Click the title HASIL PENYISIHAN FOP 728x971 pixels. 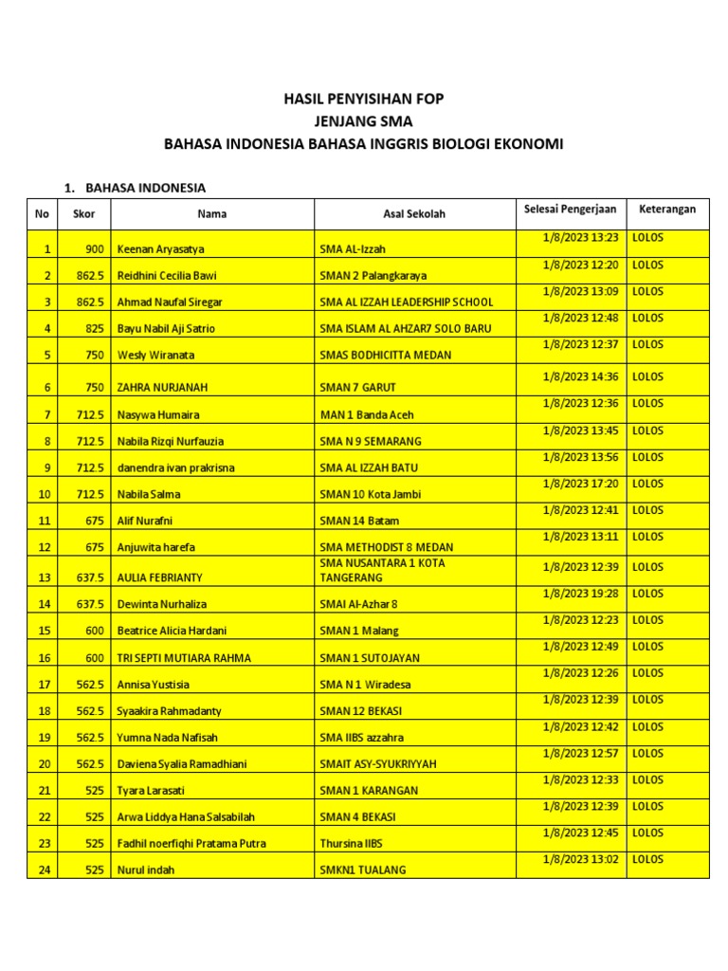[365, 99]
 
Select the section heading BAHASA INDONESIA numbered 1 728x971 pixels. [145, 188]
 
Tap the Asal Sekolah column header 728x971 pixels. [413, 214]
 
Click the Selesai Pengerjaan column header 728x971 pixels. [570, 209]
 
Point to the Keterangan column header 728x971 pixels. [666, 209]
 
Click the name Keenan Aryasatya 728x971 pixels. [160, 249]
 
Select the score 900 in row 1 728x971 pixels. [94, 249]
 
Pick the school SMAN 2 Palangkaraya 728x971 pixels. [373, 276]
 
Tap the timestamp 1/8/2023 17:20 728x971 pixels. [580, 484]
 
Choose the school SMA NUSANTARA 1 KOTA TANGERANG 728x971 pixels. [383, 570]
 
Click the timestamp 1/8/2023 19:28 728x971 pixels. [580, 594]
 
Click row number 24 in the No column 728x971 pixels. [42, 870]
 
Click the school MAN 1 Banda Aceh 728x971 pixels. [366, 414]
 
